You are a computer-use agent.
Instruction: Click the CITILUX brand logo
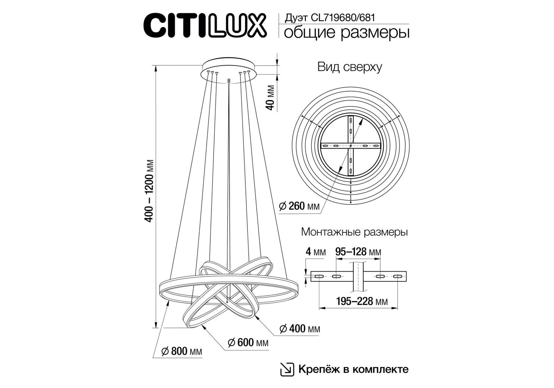[x=205, y=26]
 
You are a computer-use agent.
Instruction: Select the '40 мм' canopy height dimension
[x=270, y=98]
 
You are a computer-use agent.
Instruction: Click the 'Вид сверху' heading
[x=350, y=67]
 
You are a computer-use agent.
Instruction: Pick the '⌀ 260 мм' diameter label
[x=299, y=206]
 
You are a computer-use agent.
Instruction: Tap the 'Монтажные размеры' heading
[x=354, y=232]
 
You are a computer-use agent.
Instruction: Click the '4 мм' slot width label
[x=315, y=252]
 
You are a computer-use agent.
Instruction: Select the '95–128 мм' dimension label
[x=358, y=252]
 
